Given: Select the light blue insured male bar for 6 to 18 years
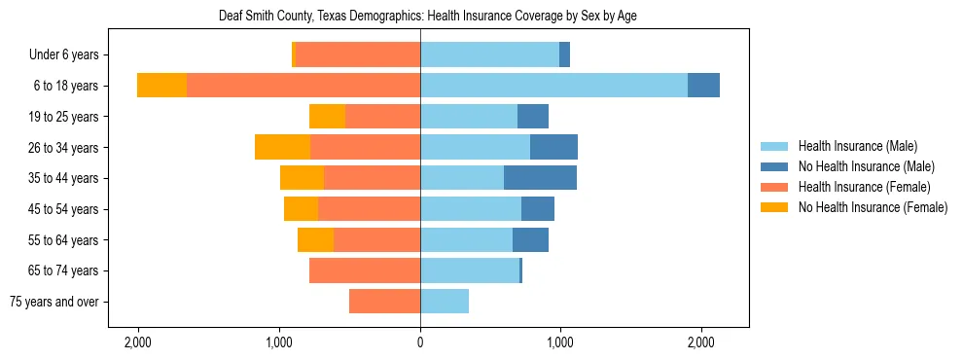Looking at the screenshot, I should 553,86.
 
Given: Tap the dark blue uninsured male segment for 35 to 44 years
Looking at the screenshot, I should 540,178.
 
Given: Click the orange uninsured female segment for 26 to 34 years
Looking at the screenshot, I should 282,147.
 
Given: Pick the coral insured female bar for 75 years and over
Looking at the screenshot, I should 384,302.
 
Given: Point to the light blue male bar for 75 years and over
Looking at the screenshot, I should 445,302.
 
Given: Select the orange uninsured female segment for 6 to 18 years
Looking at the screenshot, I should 161,86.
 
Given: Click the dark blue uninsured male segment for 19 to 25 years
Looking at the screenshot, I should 532,117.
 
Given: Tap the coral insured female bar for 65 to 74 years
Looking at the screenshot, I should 365,270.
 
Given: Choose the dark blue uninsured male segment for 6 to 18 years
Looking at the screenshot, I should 703,86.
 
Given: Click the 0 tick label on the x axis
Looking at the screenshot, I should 420,342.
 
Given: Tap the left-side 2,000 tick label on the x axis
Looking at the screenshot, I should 138,342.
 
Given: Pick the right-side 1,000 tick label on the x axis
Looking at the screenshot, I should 560,342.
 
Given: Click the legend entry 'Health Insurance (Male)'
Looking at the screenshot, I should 857,146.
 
